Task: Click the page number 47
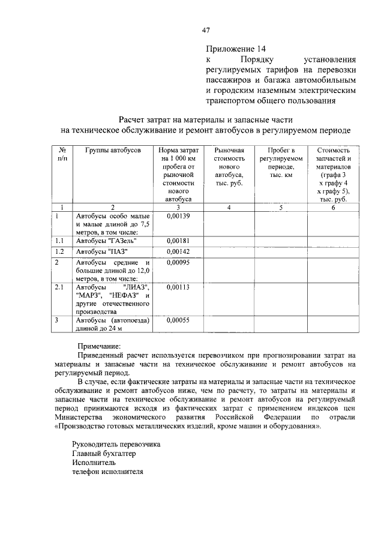[206, 29]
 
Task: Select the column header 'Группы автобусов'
[112, 149]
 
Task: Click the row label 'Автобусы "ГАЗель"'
[104, 241]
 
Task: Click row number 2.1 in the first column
[59, 287]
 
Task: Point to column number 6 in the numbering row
[334, 208]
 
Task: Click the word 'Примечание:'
[99, 346]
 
